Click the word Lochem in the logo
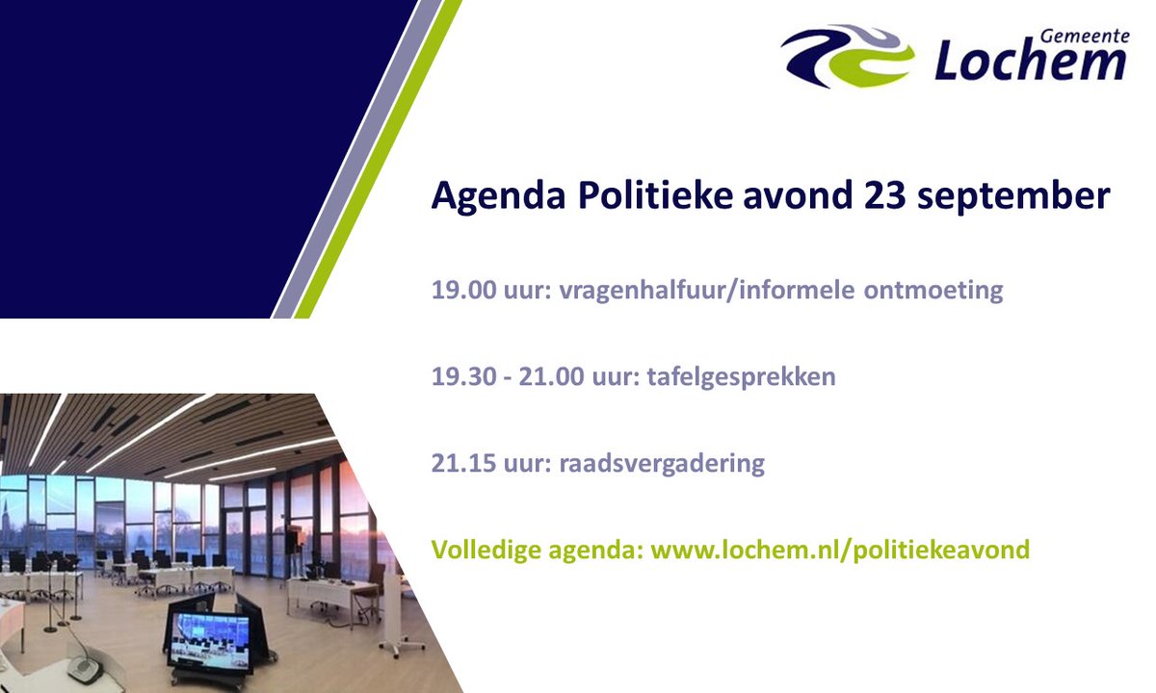click(1030, 62)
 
